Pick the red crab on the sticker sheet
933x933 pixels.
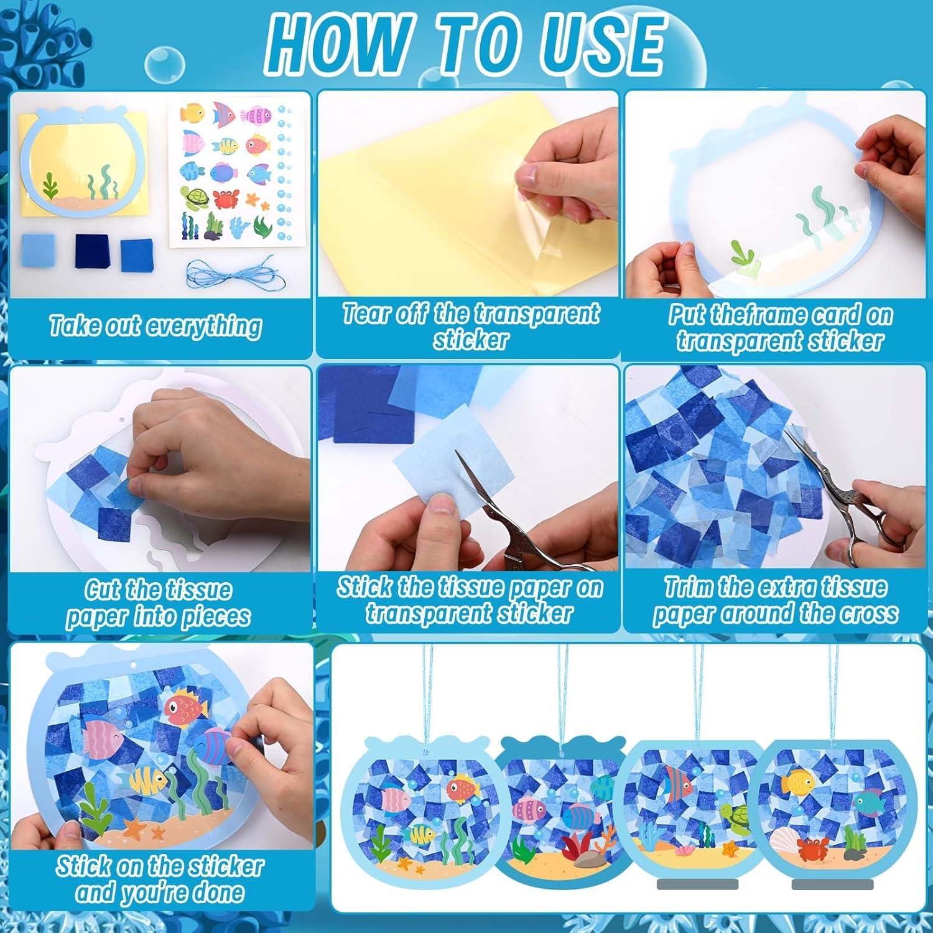tap(225, 199)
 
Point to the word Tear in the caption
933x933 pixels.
tap(368, 314)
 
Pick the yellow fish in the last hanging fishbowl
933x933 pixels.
tap(798, 781)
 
